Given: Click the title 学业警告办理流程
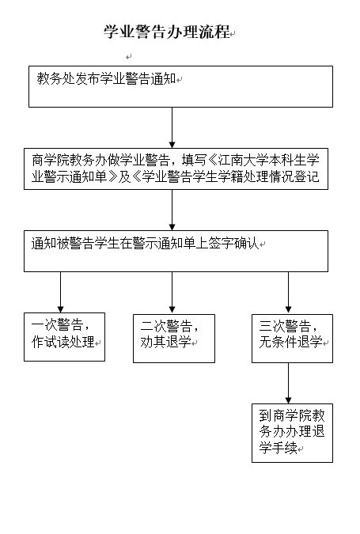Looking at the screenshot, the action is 167,32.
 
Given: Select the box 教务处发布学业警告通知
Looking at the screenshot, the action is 180,86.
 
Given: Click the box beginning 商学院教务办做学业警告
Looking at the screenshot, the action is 176,169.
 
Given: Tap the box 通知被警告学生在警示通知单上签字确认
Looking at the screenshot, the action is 176,251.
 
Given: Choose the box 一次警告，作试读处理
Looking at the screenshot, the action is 64,337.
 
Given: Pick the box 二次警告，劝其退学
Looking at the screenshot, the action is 174,338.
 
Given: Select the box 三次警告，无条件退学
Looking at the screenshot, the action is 292,338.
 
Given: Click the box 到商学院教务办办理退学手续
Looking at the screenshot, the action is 292,433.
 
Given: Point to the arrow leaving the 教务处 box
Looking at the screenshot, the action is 172,127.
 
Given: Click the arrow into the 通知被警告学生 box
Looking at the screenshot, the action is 172,210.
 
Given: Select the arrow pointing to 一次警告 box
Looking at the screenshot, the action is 61,292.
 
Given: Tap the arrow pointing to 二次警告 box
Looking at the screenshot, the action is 172,292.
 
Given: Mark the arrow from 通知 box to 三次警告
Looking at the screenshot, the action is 288,292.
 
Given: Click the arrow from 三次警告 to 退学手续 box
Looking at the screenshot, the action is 288,383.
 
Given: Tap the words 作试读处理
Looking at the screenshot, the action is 63,342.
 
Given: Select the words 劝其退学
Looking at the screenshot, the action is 165,342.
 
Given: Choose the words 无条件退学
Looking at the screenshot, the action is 290,342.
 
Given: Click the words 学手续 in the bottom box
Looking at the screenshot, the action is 279,448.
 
